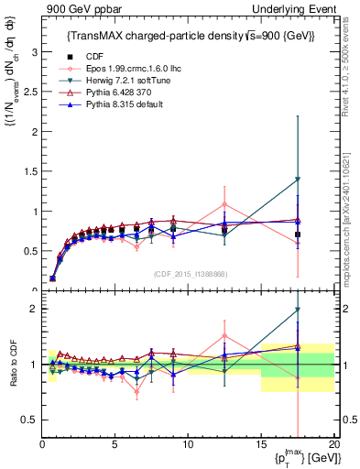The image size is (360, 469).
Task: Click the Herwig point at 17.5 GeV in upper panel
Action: pyautogui.click(x=298, y=180)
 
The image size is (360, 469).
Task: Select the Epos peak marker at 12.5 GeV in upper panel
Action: pyautogui.click(x=224, y=204)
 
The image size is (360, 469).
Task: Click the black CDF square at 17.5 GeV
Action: pyautogui.click(x=298, y=234)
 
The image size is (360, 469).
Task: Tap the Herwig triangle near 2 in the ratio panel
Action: pyautogui.click(x=298, y=310)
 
